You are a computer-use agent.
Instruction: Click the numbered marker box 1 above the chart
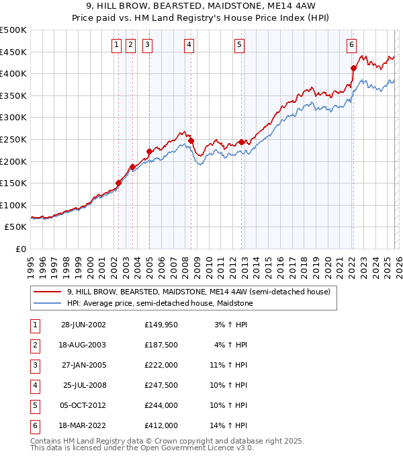116,45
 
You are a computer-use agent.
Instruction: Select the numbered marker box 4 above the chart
189,45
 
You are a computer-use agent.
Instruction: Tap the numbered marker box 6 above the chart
351,45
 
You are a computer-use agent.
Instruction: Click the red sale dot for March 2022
353,68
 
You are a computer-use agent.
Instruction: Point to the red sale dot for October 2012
241,142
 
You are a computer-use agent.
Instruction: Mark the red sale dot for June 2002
119,183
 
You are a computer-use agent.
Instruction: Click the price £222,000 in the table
161,365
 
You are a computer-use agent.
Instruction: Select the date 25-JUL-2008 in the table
84,385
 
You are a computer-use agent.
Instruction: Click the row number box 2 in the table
34,345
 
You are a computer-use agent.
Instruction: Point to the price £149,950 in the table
161,325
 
